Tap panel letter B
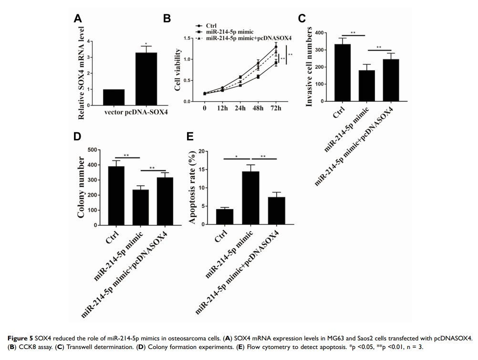click(x=166, y=19)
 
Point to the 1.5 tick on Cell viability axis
click(x=187, y=38)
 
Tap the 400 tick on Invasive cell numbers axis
click(x=319, y=32)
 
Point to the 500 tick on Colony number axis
click(x=94, y=150)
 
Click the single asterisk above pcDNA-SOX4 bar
click(x=146, y=44)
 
